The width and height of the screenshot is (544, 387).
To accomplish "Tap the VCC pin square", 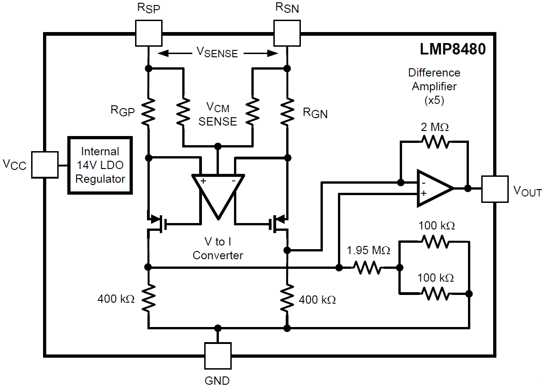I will (x=44, y=164).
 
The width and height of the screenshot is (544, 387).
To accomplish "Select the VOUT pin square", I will (x=495, y=189).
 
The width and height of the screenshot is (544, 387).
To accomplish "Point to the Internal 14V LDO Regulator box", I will (x=100, y=165).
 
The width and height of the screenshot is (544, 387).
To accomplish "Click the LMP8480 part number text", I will (x=453, y=49).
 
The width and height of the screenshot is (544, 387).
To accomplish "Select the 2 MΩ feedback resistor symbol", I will (x=435, y=142).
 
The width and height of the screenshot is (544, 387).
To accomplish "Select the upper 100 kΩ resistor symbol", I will (x=435, y=242).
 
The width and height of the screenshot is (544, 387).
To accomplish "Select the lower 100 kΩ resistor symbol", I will (x=435, y=293).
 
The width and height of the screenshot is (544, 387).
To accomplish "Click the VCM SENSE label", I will (x=218, y=114).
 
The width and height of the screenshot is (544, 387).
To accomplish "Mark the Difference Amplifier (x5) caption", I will (x=434, y=86).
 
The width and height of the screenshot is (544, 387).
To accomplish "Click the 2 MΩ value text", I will (x=435, y=127).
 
